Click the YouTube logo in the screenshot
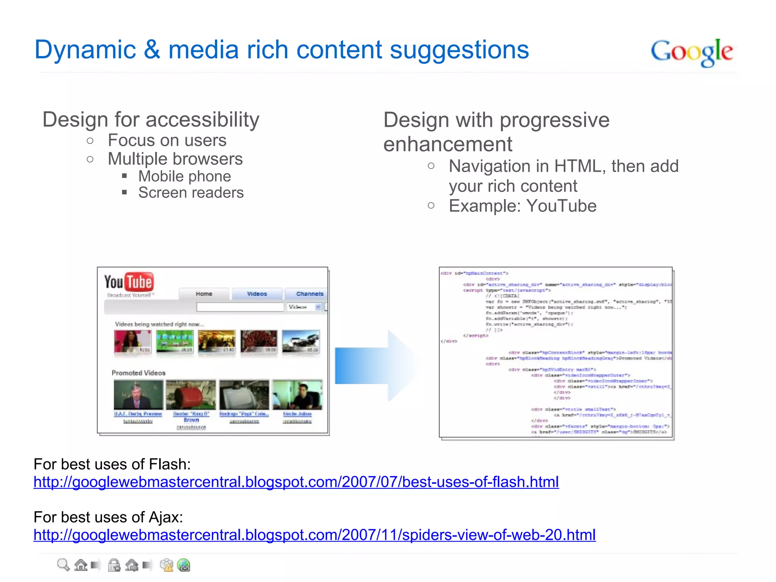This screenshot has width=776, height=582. pyautogui.click(x=129, y=283)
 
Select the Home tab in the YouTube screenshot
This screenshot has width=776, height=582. pyautogui.click(x=204, y=294)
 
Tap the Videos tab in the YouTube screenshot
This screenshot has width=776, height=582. pyautogui.click(x=257, y=294)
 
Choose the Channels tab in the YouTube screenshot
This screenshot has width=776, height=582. pyautogui.click(x=309, y=294)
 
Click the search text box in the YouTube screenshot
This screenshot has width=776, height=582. pyautogui.click(x=240, y=307)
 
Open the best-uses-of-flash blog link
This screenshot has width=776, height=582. pyautogui.click(x=296, y=482)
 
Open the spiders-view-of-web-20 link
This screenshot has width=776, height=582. pyautogui.click(x=314, y=535)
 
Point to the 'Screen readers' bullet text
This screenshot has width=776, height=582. pyautogui.click(x=191, y=193)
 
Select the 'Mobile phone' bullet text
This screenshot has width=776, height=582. pyautogui.click(x=185, y=177)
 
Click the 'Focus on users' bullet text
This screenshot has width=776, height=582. pyautogui.click(x=167, y=141)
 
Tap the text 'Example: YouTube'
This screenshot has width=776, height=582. pyautogui.click(x=523, y=206)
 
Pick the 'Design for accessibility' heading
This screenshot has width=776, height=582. pyautogui.click(x=151, y=120)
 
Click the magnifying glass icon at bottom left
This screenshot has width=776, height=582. pyautogui.click(x=63, y=565)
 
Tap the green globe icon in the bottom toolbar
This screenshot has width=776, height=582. pyautogui.click(x=184, y=565)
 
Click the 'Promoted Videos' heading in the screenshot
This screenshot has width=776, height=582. pyautogui.click(x=139, y=373)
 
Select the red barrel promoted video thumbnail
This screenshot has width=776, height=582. pyautogui.click(x=191, y=395)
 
